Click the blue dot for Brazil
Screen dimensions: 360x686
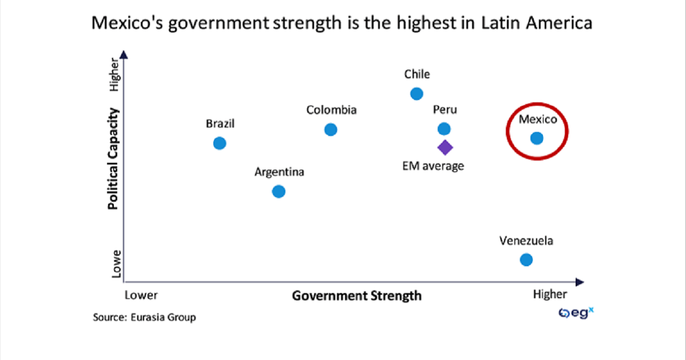coord(220,143)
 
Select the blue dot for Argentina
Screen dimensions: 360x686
coord(278,191)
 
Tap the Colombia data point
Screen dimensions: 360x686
coord(330,130)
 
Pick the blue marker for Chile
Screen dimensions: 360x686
coord(417,94)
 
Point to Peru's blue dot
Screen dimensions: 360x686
coord(444,129)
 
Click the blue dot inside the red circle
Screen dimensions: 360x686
coord(536,138)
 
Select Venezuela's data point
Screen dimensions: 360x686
coord(526,259)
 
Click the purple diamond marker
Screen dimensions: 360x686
coord(445,147)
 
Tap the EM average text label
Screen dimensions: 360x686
coord(433,166)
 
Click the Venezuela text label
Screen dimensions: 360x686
coord(526,241)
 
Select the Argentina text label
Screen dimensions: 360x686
coord(280,172)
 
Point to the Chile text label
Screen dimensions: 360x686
coord(417,74)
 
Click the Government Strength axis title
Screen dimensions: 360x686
coord(357,295)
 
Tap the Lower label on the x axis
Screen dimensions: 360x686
coord(141,295)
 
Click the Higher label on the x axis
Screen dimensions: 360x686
coord(549,294)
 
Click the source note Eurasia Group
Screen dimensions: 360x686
coord(144,317)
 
